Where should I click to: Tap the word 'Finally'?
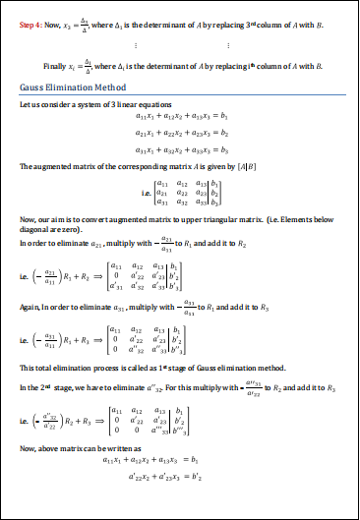[55, 65]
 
